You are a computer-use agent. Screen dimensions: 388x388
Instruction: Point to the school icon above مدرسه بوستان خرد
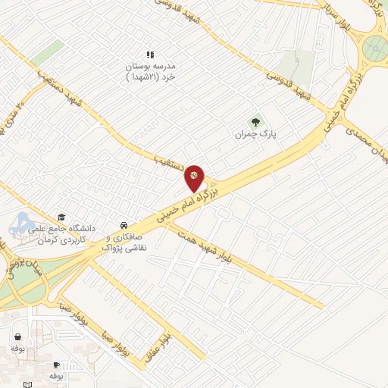(150, 55)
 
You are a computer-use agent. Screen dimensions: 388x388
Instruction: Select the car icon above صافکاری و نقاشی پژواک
(123, 225)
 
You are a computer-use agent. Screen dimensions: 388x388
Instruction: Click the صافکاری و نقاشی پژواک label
(124, 242)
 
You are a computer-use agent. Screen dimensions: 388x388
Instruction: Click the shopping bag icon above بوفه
(17, 336)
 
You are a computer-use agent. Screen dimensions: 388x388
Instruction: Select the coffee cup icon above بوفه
(55, 365)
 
